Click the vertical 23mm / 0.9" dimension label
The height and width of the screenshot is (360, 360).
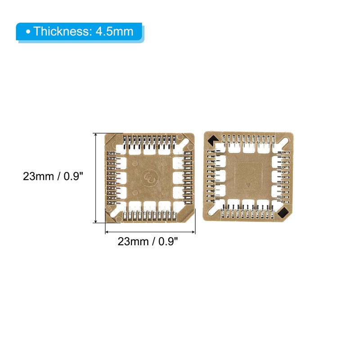(x=54, y=177)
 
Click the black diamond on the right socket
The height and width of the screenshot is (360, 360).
(x=283, y=212)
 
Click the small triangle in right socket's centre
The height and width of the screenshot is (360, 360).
(x=248, y=185)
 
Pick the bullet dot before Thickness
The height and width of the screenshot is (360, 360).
(x=28, y=32)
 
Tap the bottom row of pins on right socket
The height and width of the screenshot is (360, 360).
(x=248, y=211)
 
